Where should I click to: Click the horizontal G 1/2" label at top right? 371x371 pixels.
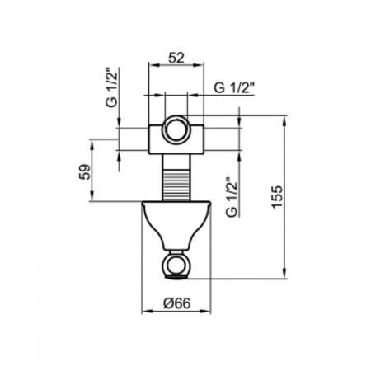(x=233, y=87)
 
